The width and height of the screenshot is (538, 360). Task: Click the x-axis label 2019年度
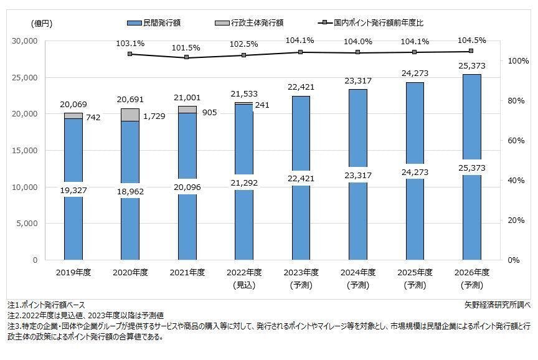coord(73,272)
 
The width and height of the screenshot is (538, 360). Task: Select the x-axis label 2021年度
coord(187,272)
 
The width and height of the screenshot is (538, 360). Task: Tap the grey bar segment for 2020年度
coord(130,115)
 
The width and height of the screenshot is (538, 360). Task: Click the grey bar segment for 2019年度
coord(73,116)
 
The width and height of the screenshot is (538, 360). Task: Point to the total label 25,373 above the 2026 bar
coord(471,66)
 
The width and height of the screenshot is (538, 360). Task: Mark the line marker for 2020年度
coord(130,54)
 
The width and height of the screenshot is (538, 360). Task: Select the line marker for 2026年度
coord(471,51)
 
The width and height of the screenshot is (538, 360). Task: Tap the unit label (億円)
coord(42,23)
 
